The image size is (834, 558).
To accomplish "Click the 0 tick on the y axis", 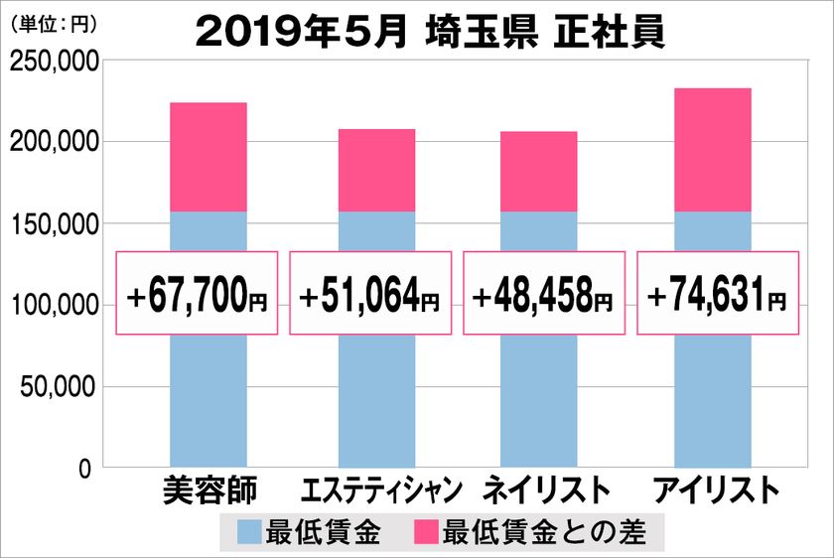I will coord(86,468).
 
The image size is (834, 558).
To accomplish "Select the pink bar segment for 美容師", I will coord(208,157).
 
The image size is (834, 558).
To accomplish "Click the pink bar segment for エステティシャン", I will coord(377,170).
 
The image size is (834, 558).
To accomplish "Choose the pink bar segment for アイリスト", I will coord(713,150).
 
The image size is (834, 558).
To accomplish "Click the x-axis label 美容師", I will coord(208,491).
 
